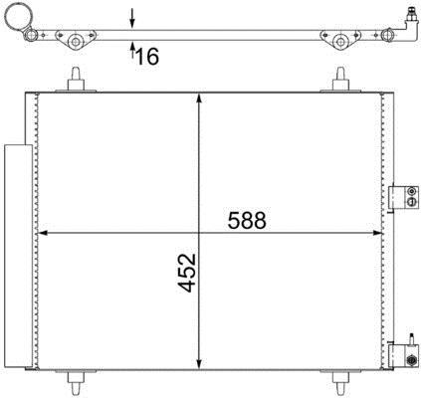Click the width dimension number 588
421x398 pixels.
tap(247, 220)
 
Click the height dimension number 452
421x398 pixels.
tap(187, 273)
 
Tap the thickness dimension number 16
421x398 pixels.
tap(147, 56)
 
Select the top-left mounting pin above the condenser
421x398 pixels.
tap(76, 79)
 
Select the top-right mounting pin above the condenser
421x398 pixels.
tap(340, 79)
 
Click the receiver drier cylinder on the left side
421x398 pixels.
tap(18, 256)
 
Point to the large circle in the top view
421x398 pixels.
tap(19, 15)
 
